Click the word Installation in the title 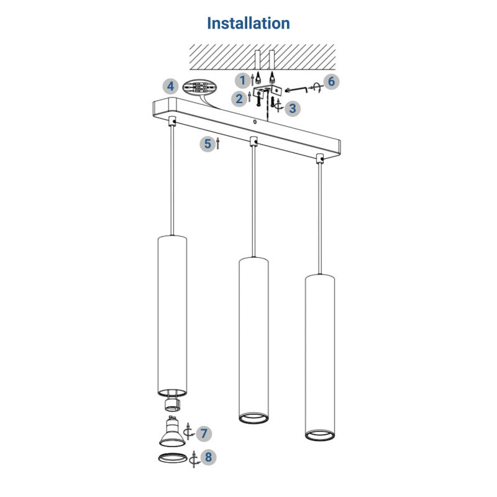coord(248,24)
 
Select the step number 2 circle coord(240,98)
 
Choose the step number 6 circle coord(332,81)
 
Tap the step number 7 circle coord(204,433)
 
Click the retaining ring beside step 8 coord(170,458)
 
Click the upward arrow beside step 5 coord(218,145)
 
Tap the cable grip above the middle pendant coord(253,142)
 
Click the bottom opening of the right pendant coord(320,433)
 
